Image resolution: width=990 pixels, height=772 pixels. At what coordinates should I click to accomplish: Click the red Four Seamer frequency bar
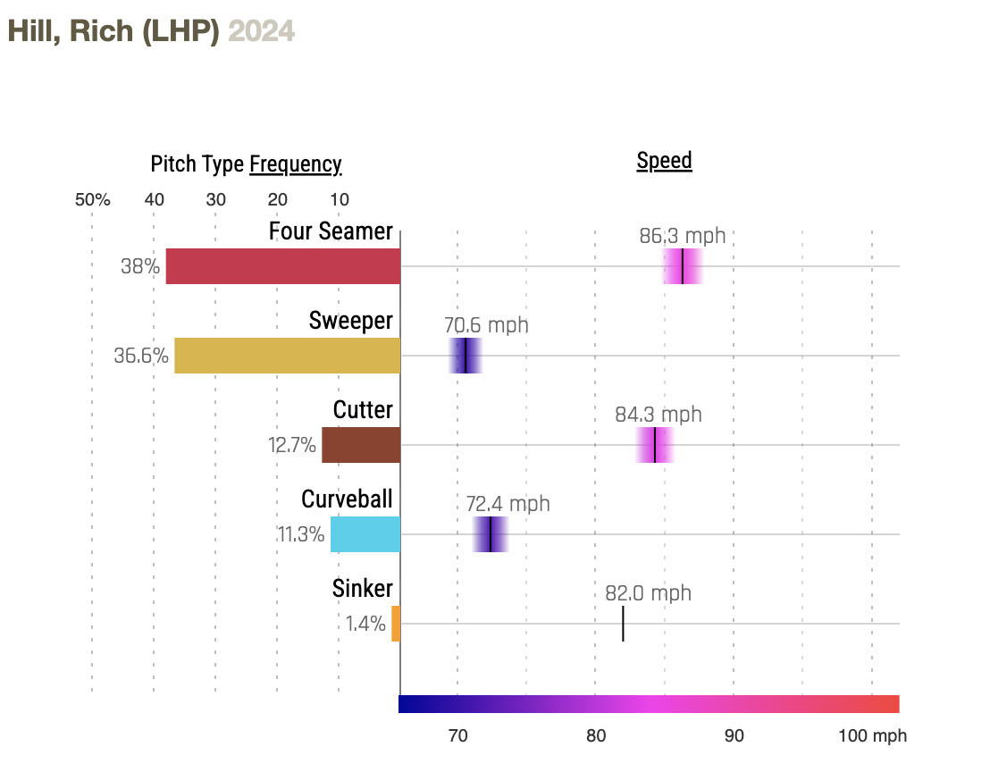click(282, 266)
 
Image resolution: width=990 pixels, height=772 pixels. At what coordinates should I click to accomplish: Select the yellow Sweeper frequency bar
click(287, 356)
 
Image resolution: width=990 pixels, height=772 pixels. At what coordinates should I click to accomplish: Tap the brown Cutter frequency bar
click(361, 445)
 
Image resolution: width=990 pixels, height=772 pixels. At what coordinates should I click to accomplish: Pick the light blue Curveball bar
click(365, 534)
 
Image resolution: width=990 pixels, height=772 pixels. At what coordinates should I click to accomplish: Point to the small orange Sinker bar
click(396, 624)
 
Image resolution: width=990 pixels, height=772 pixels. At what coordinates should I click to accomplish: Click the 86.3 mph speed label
click(683, 237)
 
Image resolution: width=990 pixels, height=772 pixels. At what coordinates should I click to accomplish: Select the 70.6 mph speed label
click(486, 326)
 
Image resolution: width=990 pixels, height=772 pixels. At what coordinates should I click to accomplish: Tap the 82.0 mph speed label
click(648, 594)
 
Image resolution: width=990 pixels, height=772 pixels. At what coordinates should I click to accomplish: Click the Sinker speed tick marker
click(623, 624)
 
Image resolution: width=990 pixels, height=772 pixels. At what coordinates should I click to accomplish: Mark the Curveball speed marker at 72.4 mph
click(491, 534)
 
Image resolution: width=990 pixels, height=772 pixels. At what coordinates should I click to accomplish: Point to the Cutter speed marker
click(655, 445)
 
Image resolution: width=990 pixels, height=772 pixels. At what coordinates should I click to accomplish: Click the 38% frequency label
click(140, 266)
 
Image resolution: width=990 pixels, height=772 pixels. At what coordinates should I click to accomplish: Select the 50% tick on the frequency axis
click(92, 200)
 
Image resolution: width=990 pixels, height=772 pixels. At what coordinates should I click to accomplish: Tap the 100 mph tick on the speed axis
click(872, 736)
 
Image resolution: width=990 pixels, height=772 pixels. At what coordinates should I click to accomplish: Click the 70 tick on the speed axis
click(457, 736)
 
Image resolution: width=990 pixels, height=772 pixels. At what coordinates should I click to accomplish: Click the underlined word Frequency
click(295, 165)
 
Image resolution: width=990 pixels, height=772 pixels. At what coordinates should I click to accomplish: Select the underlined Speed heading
click(664, 162)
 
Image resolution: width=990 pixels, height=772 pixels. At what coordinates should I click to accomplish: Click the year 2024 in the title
click(261, 31)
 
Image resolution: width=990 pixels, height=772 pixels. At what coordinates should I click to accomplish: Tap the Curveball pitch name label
click(347, 499)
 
